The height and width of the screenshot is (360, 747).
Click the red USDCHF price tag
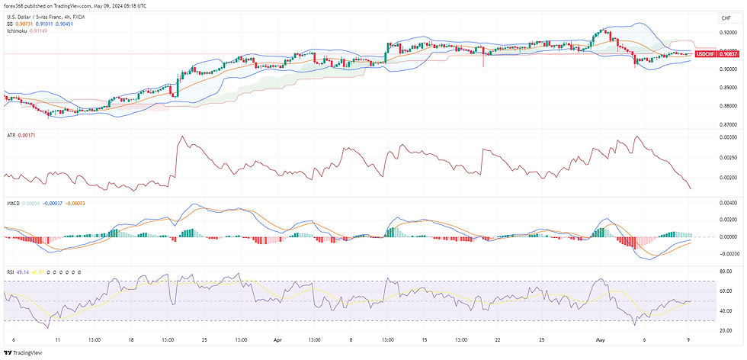point(706,54)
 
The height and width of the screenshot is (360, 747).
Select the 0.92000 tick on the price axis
point(728,33)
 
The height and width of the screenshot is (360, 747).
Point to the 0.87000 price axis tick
point(728,124)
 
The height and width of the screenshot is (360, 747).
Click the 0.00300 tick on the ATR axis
point(728,137)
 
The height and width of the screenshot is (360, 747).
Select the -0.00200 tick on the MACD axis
point(727,254)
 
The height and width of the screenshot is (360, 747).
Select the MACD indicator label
point(13,203)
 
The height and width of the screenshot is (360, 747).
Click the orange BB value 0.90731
point(24,24)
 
